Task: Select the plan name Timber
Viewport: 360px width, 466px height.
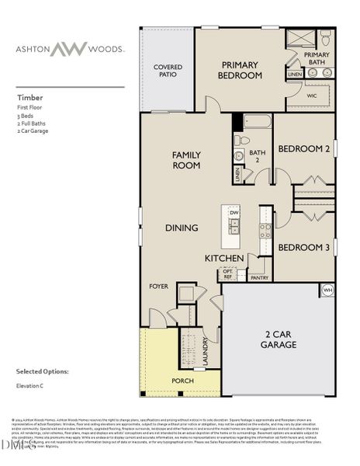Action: [29, 99]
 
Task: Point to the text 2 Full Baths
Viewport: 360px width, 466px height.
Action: [32, 124]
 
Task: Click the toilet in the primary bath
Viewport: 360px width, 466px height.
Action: [326, 38]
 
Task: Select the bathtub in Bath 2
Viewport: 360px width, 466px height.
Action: [257, 122]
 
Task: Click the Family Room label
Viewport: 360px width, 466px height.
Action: [186, 160]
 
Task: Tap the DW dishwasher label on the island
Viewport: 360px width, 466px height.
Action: [233, 211]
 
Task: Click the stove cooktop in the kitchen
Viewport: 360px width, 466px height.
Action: [265, 229]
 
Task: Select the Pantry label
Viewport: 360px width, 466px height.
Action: [259, 276]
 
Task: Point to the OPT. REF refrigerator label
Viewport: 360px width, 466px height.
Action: [227, 274]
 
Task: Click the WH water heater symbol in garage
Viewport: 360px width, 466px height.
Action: [327, 290]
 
